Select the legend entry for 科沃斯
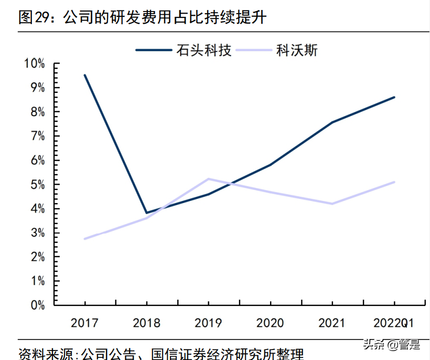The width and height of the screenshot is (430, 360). pos(296,50)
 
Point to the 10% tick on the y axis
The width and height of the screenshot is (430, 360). pos(35,64)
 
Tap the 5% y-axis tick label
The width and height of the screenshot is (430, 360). pos(37,185)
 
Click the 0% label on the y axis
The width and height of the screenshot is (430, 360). pos(37,305)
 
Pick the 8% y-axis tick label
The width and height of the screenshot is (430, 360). pos(37,112)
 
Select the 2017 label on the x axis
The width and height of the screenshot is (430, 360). pos(84,322)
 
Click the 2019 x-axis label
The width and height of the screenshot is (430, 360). pos(208,322)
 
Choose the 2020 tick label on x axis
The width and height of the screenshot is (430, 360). pos(270,322)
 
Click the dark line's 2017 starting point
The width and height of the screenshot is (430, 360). pos(85,75)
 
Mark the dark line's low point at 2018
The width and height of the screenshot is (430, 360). pos(146,213)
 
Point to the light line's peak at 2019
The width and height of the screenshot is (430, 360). pos(208,179)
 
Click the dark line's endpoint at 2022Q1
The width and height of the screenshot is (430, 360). pos(394,97)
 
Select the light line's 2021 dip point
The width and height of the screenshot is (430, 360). pos(332,204)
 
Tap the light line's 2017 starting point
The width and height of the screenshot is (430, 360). pos(85,239)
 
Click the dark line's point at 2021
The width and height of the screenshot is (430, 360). pos(332,122)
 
